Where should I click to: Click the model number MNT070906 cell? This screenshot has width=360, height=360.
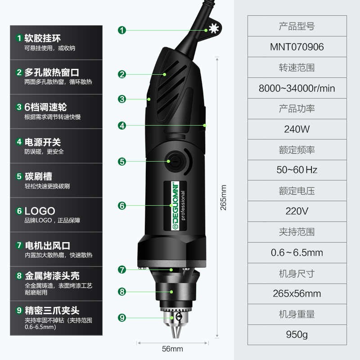pyautogui.click(x=297, y=47)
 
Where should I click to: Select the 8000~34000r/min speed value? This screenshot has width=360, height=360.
pyautogui.click(x=297, y=88)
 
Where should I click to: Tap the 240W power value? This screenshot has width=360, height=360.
pyautogui.click(x=297, y=130)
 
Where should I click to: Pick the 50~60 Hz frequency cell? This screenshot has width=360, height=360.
pyautogui.click(x=297, y=170)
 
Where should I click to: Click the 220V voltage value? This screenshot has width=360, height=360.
pyautogui.click(x=297, y=211)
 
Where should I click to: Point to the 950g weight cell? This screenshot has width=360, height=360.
pyautogui.click(x=297, y=335)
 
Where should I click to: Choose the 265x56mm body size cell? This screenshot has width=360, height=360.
pyautogui.click(x=297, y=294)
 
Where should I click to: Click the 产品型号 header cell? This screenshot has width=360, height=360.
pyautogui.click(x=297, y=27)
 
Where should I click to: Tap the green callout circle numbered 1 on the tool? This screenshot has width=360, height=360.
pyautogui.click(x=122, y=30)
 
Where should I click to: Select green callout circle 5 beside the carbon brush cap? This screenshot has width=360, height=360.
pyautogui.click(x=122, y=161)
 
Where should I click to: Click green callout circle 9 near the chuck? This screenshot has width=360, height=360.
pyautogui.click(x=122, y=318)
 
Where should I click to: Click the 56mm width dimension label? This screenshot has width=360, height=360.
pyautogui.click(x=173, y=349)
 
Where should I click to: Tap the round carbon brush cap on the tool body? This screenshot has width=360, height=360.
pyautogui.click(x=173, y=161)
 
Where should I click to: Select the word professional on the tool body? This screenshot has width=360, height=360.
pyautogui.click(x=183, y=206)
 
